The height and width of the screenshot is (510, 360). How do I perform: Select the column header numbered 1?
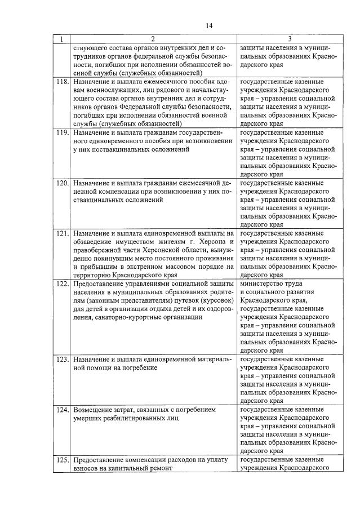(61, 39)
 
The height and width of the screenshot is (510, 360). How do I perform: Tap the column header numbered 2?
(152, 39)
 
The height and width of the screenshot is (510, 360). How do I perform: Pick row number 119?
(61, 132)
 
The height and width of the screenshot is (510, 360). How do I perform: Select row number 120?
(61, 183)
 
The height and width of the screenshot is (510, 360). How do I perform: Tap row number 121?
(61, 233)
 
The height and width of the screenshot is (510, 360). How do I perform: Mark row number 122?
(61, 283)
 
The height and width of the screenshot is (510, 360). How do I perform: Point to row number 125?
(61, 460)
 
